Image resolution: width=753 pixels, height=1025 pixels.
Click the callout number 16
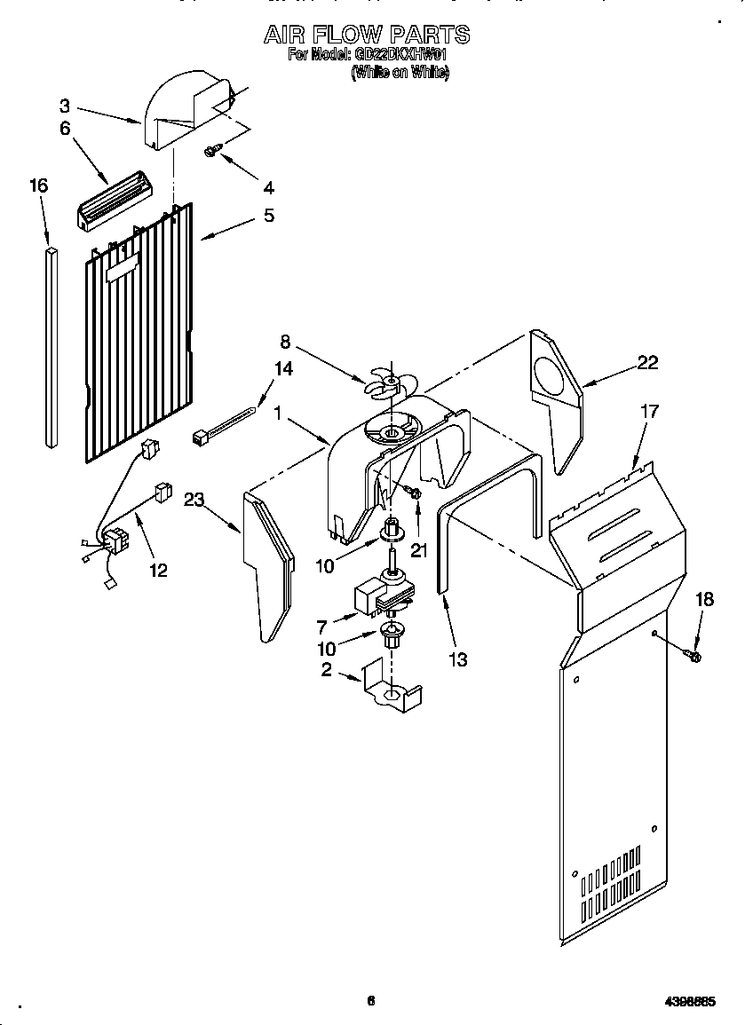pos(38,185)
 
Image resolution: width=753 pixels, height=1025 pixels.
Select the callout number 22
pos(648,361)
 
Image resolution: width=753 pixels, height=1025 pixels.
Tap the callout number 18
pos(703,599)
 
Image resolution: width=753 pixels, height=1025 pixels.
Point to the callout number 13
pos(458,659)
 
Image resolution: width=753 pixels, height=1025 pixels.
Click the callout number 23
pos(194,500)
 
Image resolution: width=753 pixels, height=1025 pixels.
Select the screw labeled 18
pos(693,656)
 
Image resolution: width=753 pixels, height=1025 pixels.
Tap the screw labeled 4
pos(211,153)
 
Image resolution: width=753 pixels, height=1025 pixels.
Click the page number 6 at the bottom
pos(371,1001)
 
